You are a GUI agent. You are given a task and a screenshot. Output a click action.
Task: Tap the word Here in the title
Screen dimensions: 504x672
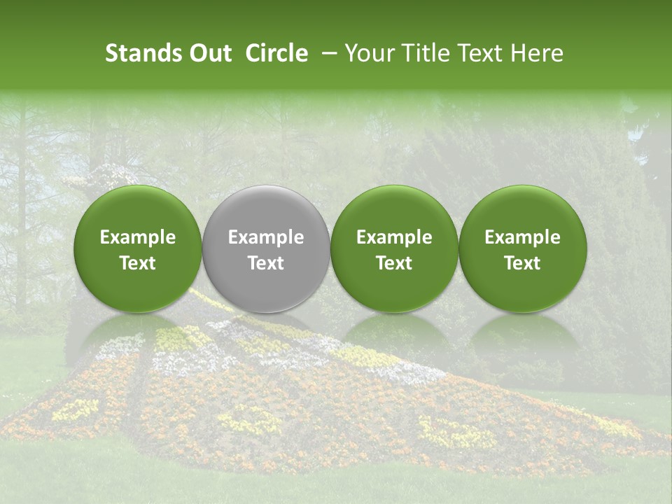(x=537, y=53)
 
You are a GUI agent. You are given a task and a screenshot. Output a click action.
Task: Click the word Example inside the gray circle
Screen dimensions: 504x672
(x=266, y=238)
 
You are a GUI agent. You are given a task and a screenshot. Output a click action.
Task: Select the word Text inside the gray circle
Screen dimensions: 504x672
(x=266, y=263)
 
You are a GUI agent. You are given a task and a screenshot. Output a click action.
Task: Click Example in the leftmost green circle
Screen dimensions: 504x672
(x=138, y=238)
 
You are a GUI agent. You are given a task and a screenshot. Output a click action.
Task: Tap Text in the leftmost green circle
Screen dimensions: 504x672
(x=138, y=263)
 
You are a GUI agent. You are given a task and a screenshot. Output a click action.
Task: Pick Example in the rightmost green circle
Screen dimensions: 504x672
(x=522, y=238)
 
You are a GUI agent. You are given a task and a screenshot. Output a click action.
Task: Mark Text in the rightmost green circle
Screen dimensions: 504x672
(x=522, y=263)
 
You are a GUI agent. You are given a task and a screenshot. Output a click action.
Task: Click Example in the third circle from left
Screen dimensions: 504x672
(x=394, y=238)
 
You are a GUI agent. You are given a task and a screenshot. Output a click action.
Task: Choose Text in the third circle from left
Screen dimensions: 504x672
(x=394, y=263)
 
